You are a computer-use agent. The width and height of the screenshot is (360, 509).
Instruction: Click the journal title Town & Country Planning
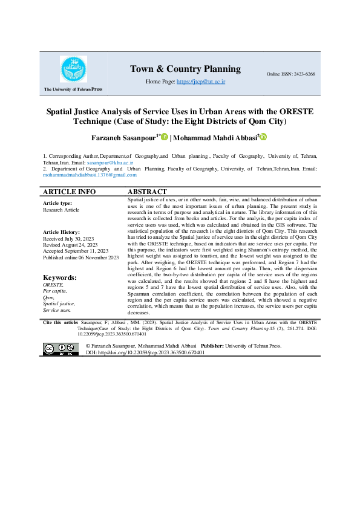pyautogui.click(x=185, y=69)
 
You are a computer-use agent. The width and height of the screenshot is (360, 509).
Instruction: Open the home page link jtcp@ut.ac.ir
pyautogui.click(x=201, y=80)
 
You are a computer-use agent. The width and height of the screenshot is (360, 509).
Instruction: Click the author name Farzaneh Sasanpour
pyautogui.click(x=125, y=138)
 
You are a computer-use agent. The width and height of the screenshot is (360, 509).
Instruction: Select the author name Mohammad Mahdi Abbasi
pyautogui.click(x=215, y=138)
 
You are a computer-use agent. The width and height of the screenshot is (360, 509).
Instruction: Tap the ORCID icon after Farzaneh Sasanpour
pyautogui.click(x=164, y=138)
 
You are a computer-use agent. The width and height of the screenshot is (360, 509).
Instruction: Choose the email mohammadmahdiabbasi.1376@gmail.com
pyautogui.click(x=90, y=175)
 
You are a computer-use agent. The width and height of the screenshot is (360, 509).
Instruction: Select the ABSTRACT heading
pyautogui.click(x=148, y=192)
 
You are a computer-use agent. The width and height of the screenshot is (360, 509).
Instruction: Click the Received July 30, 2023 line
pyautogui.click(x=67, y=239)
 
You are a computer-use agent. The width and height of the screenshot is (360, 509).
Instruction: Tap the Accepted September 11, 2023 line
pyautogui.click(x=76, y=250)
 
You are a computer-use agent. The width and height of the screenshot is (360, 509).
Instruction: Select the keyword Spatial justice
pyautogui.click(x=59, y=303)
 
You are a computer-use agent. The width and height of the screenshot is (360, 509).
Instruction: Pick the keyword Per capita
pyautogui.click(x=54, y=291)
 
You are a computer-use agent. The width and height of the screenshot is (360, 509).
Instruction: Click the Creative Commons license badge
pyautogui.click(x=61, y=349)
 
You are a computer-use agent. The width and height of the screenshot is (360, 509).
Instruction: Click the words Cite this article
pyautogui.click(x=61, y=323)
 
